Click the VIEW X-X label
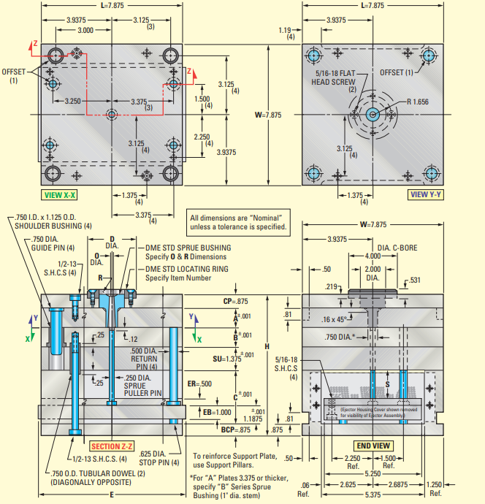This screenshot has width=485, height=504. pos(60,195)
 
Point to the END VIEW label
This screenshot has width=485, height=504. pos(373,445)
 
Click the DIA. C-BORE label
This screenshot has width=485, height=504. pos(397,248)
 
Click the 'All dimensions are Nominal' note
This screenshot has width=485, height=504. pos(236,222)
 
